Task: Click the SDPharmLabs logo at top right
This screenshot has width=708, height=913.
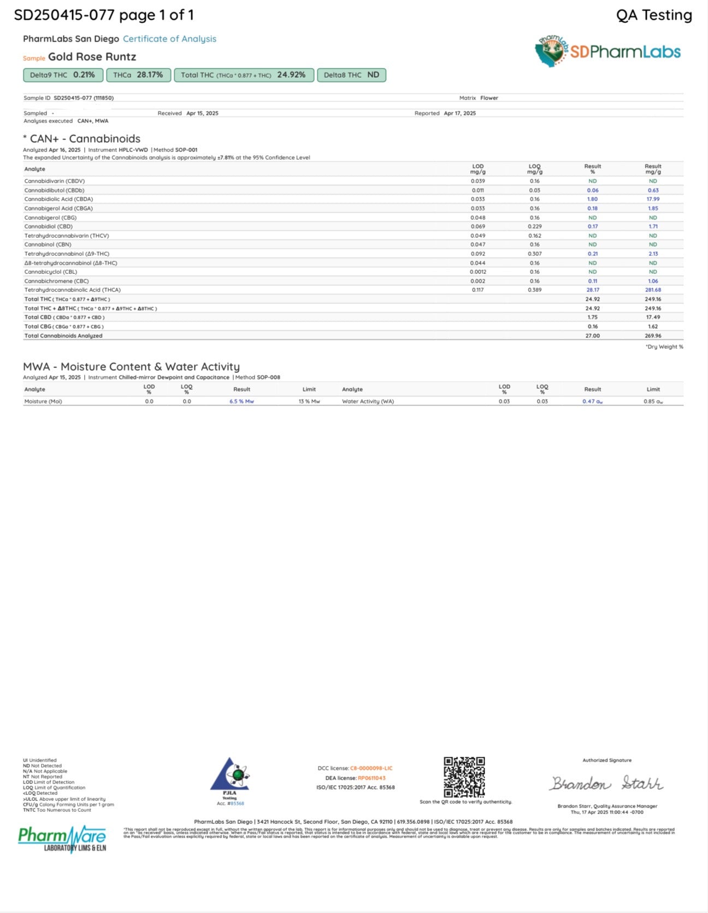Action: [607, 51]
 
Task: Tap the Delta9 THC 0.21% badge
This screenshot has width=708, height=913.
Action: [63, 75]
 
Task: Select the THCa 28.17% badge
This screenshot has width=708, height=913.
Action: [138, 75]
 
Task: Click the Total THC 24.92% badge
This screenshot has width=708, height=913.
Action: [244, 75]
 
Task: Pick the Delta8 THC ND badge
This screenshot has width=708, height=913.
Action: [351, 75]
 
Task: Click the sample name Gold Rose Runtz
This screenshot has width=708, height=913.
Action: [92, 57]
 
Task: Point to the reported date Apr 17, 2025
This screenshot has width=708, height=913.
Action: [459, 113]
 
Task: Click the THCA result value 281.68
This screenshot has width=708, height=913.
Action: [653, 290]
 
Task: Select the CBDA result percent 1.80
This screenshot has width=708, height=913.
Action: [592, 199]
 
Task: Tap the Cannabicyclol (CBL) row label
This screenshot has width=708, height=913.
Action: [51, 272]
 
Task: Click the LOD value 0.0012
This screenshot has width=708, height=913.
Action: [477, 272]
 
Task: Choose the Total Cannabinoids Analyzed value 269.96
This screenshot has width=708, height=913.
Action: [653, 336]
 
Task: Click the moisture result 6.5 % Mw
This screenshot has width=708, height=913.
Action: [241, 401]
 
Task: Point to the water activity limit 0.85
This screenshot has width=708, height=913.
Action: [653, 401]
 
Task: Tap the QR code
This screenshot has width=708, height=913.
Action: [464, 777]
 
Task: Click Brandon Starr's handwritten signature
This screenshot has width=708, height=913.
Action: [607, 783]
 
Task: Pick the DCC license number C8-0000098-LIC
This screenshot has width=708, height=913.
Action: [371, 768]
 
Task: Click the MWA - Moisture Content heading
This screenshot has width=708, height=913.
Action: [131, 366]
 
